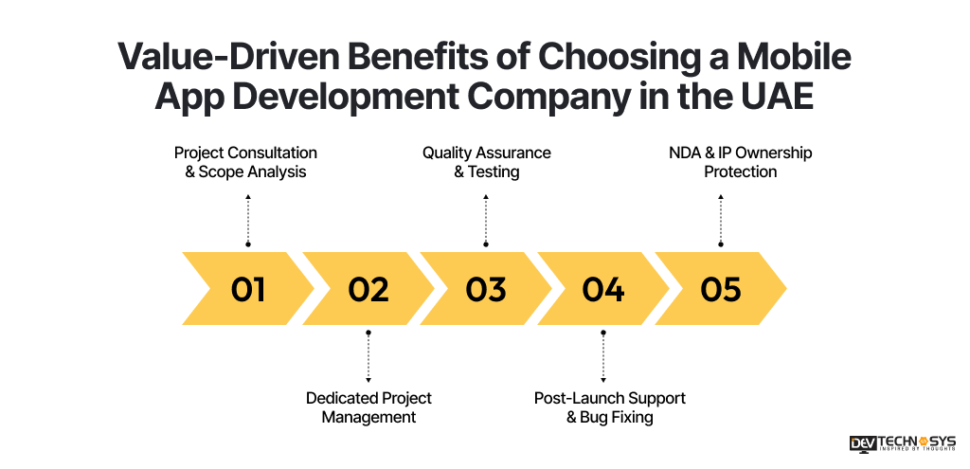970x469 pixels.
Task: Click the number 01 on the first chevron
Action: pos(248,289)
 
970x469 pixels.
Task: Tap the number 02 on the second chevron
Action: pos(368,289)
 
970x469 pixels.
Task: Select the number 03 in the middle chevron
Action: pos(486,289)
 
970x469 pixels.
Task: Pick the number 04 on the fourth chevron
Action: pos(603,289)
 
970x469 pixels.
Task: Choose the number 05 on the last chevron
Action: pos(721,289)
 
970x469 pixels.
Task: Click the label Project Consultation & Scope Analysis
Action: pos(245,162)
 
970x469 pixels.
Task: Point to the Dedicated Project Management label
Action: pos(368,407)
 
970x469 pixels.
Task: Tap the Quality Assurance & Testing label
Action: pos(486,162)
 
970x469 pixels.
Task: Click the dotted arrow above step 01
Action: pos(248,220)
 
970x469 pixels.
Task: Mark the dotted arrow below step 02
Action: pos(368,356)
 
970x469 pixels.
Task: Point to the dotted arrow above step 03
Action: pos(486,220)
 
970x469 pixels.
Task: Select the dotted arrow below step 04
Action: pos(603,356)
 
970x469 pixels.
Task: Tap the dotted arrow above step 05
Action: pos(721,220)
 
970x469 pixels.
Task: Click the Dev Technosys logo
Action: pos(903,444)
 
